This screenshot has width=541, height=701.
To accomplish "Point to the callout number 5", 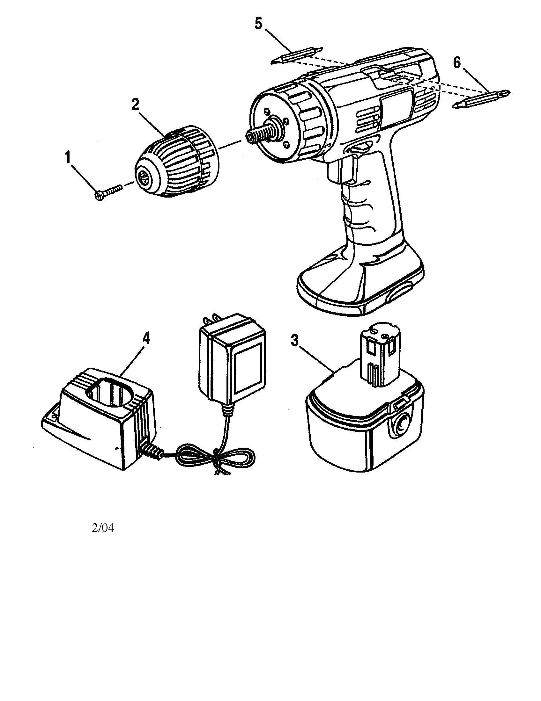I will (x=258, y=25).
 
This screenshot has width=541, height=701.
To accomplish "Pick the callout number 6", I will (x=456, y=62).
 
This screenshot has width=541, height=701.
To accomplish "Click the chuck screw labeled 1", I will (x=108, y=192).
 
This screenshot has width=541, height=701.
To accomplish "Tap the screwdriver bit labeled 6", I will (x=482, y=98).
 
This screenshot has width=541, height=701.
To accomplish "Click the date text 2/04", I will (x=103, y=528).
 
